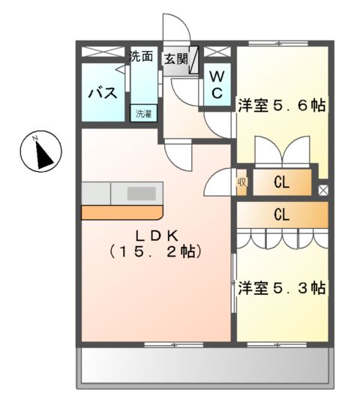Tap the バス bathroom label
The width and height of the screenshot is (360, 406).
102,94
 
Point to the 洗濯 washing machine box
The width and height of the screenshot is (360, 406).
142,114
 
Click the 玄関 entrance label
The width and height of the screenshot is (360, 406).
177,59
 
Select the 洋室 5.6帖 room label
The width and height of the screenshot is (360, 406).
282,106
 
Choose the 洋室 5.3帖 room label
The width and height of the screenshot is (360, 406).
281,287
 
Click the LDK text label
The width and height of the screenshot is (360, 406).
156,233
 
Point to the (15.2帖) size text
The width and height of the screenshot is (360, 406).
156,251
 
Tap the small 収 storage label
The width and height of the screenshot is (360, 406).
242,181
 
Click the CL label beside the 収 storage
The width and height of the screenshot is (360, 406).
281,182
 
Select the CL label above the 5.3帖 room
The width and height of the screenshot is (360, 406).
281,215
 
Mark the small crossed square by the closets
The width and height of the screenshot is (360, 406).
323,190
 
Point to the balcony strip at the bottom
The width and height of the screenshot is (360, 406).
204,367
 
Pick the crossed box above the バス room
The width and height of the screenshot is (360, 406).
102,53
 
